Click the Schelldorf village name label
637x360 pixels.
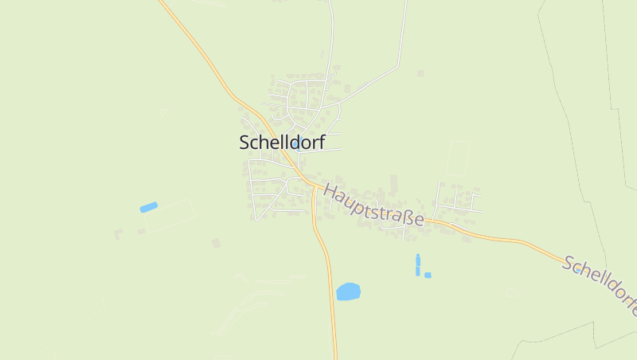click(x=282, y=142)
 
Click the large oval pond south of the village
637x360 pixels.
click(x=348, y=292)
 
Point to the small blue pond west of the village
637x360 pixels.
click(x=149, y=207)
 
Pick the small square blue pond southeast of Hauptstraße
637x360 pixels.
click(x=428, y=275)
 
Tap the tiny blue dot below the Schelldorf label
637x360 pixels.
click(x=296, y=146)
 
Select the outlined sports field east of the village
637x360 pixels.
click(x=458, y=158)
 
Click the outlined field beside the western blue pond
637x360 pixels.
click(x=170, y=216)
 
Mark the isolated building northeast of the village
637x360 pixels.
click(x=420, y=73)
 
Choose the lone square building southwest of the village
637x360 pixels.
click(x=216, y=243)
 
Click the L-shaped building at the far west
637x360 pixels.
click(x=118, y=234)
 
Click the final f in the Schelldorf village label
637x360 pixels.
click(x=320, y=141)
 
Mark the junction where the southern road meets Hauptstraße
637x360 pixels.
click(x=312, y=186)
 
